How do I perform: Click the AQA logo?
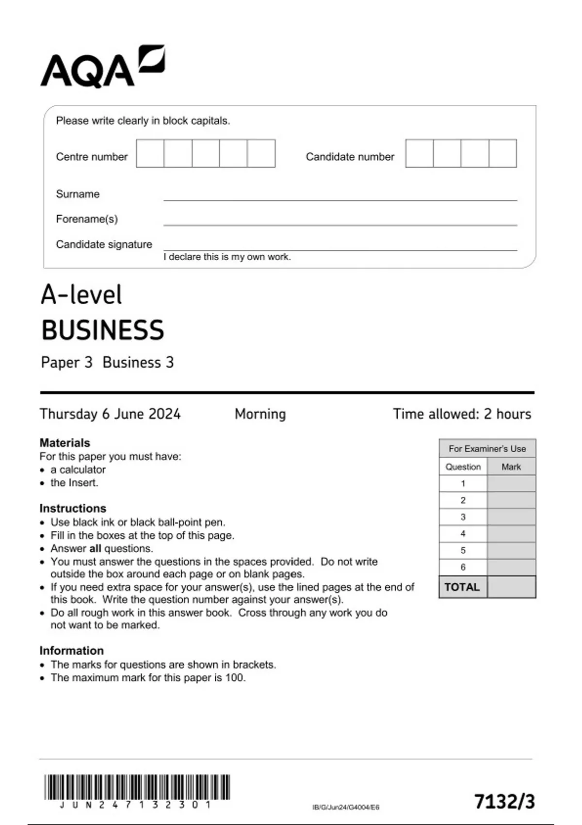[x=102, y=67]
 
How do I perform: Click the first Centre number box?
[x=150, y=153]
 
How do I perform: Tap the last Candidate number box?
[x=502, y=153]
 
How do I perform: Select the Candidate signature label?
[x=104, y=244]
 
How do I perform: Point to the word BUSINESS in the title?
[x=103, y=330]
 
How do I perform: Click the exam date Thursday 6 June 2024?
[x=110, y=414]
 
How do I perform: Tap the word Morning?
[x=260, y=414]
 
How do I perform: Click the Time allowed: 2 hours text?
[x=461, y=414]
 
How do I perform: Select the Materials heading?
[x=65, y=443]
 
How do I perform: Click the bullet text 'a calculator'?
[x=78, y=469]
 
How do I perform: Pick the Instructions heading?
[x=73, y=508]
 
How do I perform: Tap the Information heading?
[x=71, y=650]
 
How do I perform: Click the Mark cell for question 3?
[x=511, y=517]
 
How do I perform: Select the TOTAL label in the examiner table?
[x=462, y=587]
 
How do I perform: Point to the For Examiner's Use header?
[x=487, y=448]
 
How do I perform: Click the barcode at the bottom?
[x=137, y=787]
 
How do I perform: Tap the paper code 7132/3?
[x=504, y=802]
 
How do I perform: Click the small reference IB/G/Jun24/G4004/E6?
[x=346, y=807]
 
